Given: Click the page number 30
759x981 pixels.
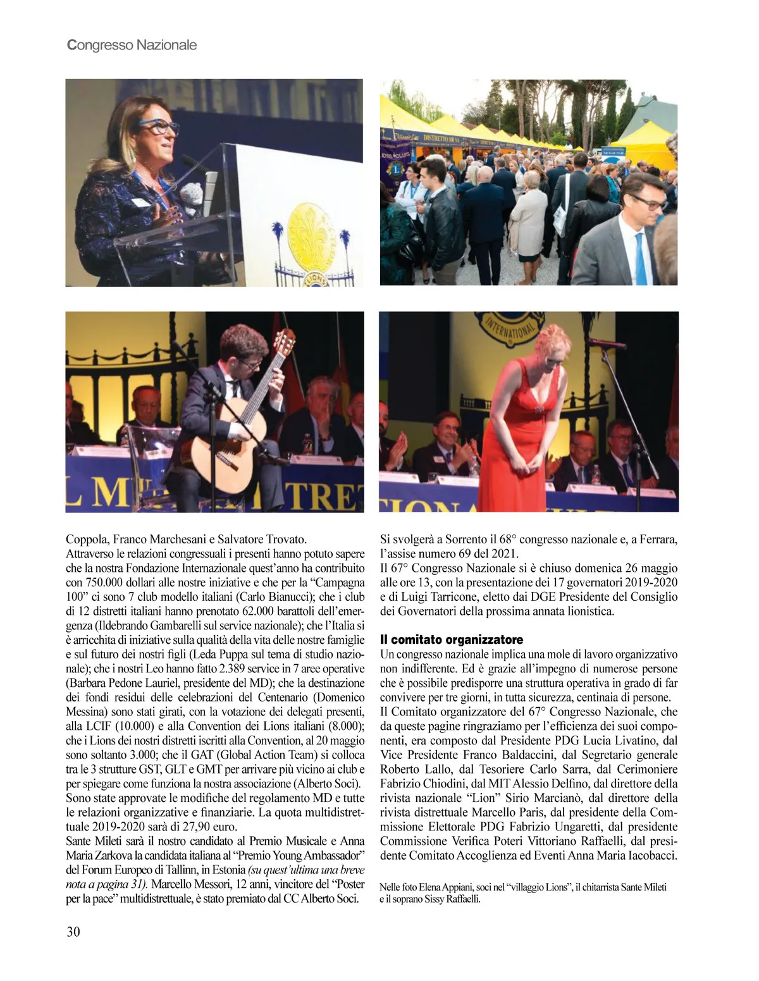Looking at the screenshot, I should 73,931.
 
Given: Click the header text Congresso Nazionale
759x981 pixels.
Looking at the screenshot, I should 132,45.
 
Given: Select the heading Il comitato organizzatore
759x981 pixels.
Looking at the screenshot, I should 452,639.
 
